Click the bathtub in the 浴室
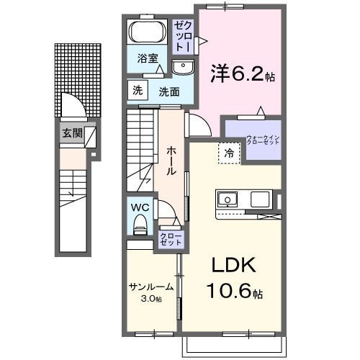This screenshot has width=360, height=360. [x=148, y=34]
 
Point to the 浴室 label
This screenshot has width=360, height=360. [x=148, y=59]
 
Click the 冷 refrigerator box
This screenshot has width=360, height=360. [x=228, y=153]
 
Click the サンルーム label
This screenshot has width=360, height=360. [x=150, y=286]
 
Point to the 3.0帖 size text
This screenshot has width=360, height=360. [x=151, y=298]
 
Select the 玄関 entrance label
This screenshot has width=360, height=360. [x=71, y=133]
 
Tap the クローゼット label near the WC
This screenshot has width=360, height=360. [x=171, y=239]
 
